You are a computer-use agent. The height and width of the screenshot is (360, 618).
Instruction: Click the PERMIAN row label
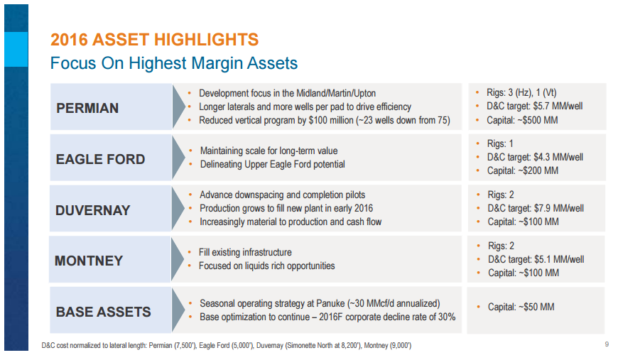(x=87, y=109)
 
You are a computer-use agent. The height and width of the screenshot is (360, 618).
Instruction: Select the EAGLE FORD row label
(x=100, y=159)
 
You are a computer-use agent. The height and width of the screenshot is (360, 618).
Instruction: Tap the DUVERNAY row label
(x=93, y=210)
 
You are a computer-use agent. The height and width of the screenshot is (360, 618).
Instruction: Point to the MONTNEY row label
(x=89, y=261)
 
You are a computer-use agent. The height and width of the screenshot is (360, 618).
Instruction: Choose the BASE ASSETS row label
(x=104, y=312)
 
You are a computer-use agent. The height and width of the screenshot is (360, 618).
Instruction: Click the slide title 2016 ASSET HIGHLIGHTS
(x=155, y=39)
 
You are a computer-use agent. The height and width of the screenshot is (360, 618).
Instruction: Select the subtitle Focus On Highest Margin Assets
(x=173, y=64)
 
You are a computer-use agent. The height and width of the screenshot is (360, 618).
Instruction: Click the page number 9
(x=606, y=345)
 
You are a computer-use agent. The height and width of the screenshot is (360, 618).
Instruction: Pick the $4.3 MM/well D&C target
(x=559, y=157)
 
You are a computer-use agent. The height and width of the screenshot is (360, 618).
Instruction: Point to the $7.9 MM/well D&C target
(x=560, y=208)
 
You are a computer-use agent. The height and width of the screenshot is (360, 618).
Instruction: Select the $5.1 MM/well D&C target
(x=559, y=259)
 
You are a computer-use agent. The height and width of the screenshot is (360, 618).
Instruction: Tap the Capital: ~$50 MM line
(x=520, y=307)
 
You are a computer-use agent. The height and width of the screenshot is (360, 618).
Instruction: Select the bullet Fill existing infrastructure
(x=246, y=252)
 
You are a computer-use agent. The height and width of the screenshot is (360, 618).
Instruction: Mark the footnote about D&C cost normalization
(x=227, y=346)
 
